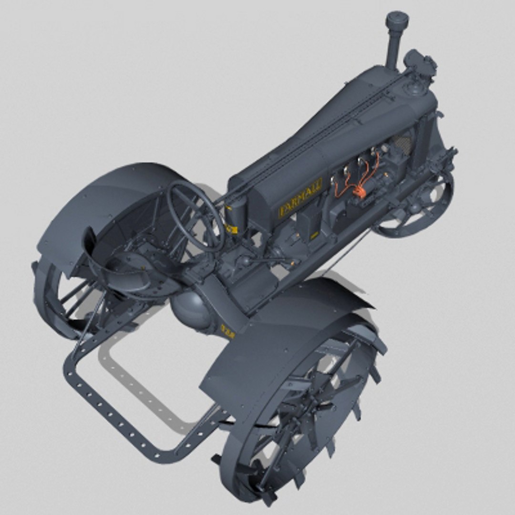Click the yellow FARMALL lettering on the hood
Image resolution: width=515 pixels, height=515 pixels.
pos(299,197)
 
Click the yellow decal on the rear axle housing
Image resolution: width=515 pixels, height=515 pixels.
pos(227,330)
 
